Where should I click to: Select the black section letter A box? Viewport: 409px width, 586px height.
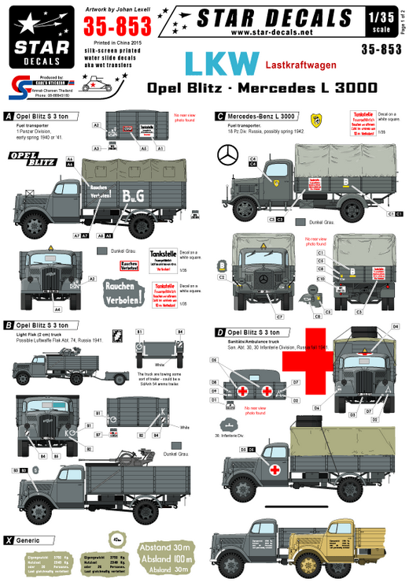coord(9,115)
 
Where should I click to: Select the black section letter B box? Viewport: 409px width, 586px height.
coord(9,324)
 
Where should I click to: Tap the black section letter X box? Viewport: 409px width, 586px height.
coord(9,540)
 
